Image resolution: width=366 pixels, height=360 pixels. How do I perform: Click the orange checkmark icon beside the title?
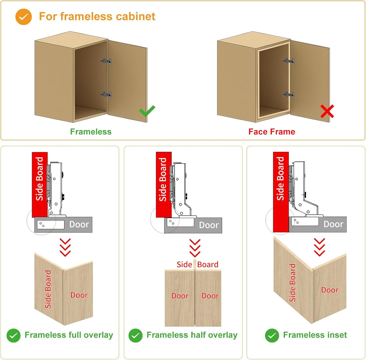click(24, 17)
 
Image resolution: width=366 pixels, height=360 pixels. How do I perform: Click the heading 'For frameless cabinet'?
click(97, 16)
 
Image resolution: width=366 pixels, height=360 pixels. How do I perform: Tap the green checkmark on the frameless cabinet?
click(147, 111)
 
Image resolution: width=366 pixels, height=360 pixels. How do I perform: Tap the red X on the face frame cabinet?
click(327, 111)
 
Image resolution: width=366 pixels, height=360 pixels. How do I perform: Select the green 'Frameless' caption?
click(91, 132)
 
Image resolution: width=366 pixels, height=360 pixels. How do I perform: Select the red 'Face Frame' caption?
click(272, 132)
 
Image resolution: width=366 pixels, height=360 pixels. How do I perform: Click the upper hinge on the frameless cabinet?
click(106, 61)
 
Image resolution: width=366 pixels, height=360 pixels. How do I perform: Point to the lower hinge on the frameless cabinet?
click(106, 95)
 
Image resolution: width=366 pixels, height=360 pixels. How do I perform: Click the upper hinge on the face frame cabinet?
click(289, 61)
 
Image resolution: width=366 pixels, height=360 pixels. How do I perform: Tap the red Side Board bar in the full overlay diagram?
click(39, 184)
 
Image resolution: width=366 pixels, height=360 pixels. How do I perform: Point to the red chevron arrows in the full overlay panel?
click(65, 247)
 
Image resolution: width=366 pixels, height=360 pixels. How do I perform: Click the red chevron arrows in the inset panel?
click(319, 247)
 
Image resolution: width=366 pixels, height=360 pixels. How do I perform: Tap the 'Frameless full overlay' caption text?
click(69, 335)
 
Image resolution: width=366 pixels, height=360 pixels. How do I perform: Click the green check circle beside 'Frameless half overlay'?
click(135, 335)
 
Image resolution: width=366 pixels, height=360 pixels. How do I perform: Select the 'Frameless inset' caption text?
click(315, 335)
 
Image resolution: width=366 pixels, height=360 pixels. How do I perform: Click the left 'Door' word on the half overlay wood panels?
click(180, 296)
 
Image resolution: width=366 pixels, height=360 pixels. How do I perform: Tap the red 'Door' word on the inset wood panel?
click(330, 290)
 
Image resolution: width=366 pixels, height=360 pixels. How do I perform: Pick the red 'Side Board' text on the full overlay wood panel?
click(48, 289)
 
